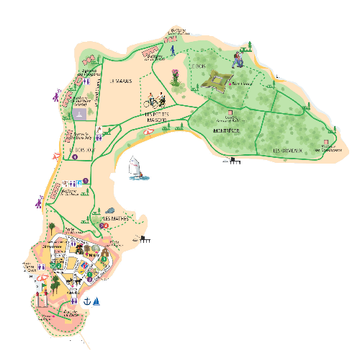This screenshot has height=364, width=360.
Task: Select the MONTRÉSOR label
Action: [x=227, y=130]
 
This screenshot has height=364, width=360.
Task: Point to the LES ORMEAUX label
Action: [x=286, y=149]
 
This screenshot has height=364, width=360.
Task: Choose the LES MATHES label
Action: [x=115, y=218]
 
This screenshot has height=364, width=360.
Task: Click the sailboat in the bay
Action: [x=135, y=169]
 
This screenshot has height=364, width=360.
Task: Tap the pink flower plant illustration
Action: [x=175, y=74]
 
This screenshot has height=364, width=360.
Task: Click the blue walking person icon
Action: [x=173, y=53]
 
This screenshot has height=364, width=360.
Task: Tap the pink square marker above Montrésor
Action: [x=231, y=115]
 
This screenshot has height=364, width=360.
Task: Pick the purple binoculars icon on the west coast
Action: [x=55, y=94]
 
